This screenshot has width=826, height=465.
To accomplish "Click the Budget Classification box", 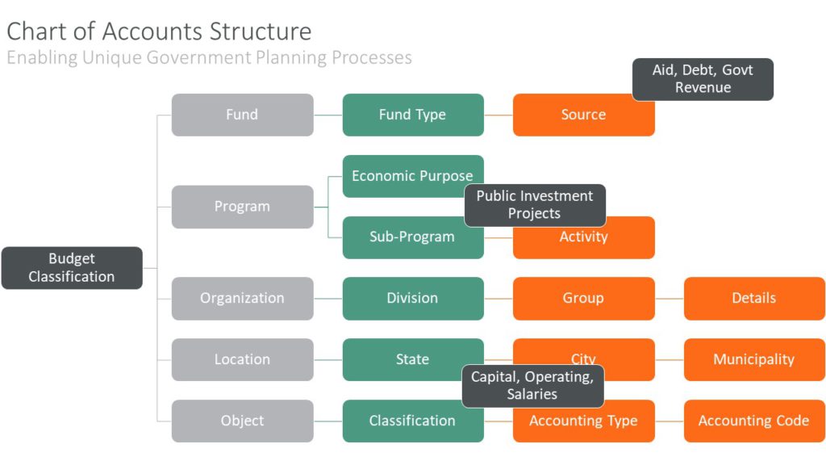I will [72, 268].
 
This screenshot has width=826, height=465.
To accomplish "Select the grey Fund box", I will [242, 115].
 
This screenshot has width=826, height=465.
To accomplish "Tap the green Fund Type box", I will [413, 115].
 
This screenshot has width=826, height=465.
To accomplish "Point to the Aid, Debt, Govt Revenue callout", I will [703, 79].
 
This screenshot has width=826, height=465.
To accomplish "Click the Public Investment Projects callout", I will [535, 205].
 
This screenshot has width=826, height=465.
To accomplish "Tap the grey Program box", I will [242, 207].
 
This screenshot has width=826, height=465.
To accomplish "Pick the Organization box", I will [242, 299].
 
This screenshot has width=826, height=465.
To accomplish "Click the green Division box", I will [413, 299].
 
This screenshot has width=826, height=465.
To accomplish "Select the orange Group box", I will [583, 299].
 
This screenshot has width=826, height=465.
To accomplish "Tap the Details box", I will [754, 299].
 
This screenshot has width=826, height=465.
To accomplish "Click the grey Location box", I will [242, 360].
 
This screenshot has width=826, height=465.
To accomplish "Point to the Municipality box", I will [754, 360].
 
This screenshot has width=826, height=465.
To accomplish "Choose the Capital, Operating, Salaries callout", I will [532, 386].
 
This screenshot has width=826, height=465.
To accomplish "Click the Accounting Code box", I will [754, 421].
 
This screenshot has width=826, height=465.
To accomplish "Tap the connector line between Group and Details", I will [670, 299].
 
